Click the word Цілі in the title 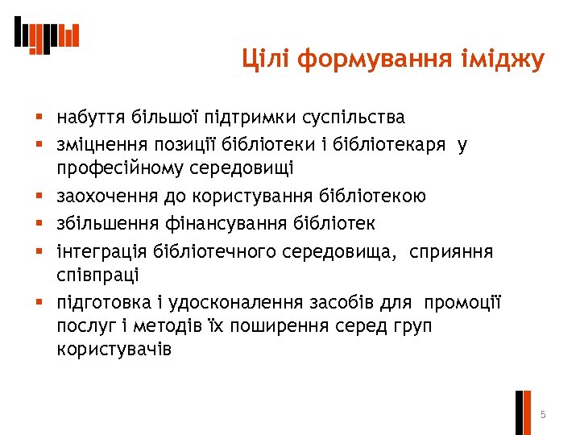coord(266,60)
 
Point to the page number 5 coord(543,415)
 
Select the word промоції coord(462,303)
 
